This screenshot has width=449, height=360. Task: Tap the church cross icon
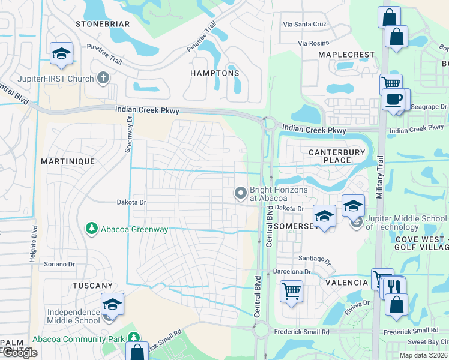point(103,78)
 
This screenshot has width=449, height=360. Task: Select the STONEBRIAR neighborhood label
point(103,24)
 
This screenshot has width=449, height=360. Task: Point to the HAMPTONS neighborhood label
point(215,73)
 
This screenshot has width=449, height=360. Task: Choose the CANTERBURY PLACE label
point(337,156)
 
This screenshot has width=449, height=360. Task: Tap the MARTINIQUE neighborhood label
point(68,162)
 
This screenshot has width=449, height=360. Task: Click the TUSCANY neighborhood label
point(92,286)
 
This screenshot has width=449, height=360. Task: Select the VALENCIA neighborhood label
point(346,283)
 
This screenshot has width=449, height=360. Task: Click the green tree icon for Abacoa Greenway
point(91,229)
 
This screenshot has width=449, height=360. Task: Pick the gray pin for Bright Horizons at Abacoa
point(241,193)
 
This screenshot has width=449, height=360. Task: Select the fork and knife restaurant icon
point(394,286)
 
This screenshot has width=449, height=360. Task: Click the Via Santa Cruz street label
point(305,25)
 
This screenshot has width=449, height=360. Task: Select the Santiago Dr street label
point(315,258)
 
